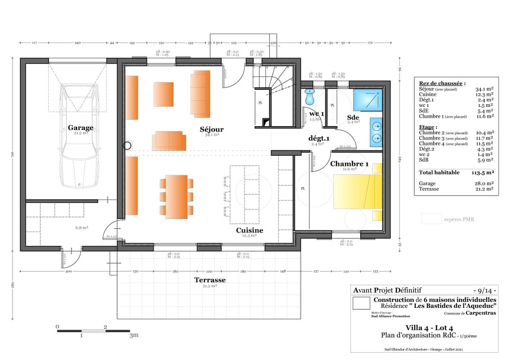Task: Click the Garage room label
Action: (80, 128)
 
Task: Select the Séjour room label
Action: (211, 129)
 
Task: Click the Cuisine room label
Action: (249, 230)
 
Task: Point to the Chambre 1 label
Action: (349, 164)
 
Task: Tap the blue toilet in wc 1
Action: (310, 97)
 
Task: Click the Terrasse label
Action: (209, 280)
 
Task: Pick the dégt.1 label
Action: (319, 138)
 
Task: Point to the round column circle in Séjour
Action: (128, 146)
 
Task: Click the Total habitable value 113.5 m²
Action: (483, 173)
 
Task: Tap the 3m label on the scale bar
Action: (132, 336)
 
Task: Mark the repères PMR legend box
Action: (431, 218)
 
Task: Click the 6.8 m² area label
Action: (81, 227)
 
